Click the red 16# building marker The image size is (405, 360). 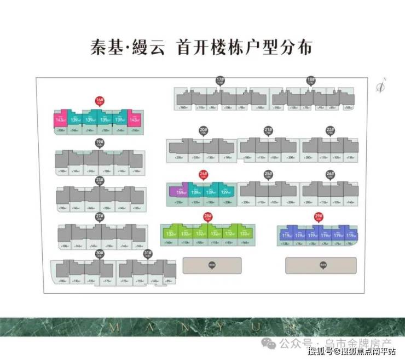point(99,101)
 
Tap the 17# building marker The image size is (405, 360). point(220,81)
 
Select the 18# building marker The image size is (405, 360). point(311,81)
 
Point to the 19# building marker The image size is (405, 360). point(99,143)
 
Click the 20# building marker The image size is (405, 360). point(203,131)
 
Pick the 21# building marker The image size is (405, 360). point(268,131)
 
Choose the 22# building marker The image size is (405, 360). point(330,131)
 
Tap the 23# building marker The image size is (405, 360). point(99,181)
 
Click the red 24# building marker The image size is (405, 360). point(203,175)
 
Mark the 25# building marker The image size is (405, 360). point(268,175)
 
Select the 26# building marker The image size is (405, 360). point(330,175)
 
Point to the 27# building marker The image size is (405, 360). point(99,217)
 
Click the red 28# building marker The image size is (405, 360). point(207,217)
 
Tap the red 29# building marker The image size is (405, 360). point(319,217)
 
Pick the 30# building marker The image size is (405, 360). point(99,254)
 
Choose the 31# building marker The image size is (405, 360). point(147,254)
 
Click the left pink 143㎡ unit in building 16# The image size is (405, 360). point(60,119)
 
